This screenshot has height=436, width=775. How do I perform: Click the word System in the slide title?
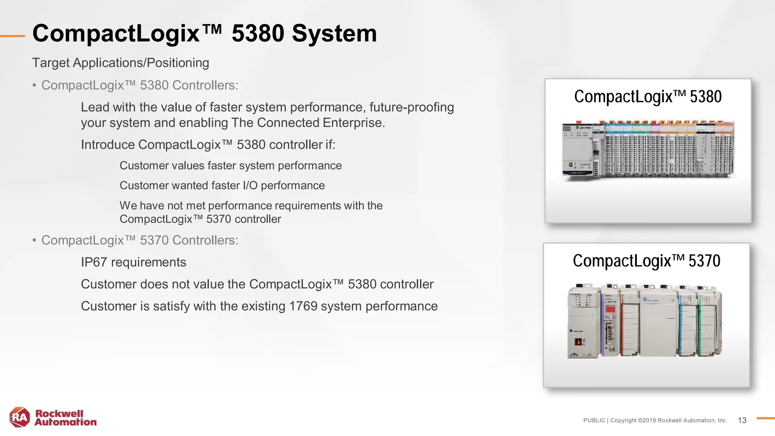334,33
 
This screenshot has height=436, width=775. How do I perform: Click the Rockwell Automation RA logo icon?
20,417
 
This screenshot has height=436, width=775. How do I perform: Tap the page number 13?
742,420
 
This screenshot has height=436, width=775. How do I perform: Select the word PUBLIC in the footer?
594,420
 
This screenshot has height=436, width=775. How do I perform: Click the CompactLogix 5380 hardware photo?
648,149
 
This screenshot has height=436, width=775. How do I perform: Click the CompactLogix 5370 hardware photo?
644,320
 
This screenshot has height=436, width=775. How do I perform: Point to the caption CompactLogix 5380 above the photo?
648,97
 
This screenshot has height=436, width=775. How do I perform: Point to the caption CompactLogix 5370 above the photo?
646,261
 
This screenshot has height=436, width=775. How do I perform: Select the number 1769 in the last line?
303,306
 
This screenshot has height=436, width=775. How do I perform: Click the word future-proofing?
412,107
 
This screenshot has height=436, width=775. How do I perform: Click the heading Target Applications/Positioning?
120,63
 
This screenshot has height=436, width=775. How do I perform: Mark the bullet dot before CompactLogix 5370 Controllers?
34,240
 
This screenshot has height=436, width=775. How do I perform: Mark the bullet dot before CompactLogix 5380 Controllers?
34,86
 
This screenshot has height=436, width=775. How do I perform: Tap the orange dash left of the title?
12,36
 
